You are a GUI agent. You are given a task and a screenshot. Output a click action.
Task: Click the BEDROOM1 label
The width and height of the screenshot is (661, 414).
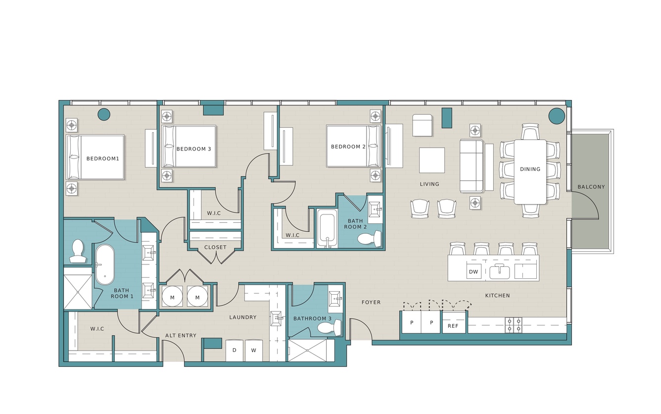103,158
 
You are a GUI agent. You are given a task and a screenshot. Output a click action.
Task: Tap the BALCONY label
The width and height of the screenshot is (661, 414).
591,187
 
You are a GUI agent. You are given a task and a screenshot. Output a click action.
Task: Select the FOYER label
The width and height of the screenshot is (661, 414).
371,302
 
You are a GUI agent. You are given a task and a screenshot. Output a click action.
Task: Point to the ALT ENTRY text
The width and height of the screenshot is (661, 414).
181,335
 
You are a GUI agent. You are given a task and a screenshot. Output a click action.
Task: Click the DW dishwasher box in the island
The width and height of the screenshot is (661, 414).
473,271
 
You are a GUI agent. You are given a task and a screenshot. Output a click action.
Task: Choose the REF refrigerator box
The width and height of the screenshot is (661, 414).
453,326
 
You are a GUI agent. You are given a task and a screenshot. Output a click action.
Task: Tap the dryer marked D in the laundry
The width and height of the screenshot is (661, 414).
235,350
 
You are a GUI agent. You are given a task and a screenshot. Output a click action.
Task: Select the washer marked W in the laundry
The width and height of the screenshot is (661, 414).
253,350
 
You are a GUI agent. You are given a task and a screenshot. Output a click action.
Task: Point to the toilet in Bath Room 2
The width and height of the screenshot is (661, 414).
369,238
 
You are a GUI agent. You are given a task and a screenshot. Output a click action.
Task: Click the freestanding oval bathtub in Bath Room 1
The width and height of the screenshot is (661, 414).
104,264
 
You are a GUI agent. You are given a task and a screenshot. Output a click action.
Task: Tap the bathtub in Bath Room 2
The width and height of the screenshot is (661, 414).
327,228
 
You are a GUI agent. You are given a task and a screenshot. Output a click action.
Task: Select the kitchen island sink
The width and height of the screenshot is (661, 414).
499,272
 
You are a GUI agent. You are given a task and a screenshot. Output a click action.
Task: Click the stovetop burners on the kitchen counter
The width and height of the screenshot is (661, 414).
514,325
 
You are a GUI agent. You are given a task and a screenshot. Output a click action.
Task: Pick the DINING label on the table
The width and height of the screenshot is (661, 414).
530,169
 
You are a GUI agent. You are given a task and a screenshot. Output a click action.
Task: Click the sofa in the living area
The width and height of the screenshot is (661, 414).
471,166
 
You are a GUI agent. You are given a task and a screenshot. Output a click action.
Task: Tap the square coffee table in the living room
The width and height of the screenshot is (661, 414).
432,160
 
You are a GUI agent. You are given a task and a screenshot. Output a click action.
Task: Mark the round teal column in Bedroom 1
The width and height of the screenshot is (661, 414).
104,114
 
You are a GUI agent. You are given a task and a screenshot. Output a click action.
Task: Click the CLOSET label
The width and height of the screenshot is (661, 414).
215,247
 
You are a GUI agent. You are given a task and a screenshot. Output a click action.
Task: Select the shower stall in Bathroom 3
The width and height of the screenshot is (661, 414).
307,350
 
